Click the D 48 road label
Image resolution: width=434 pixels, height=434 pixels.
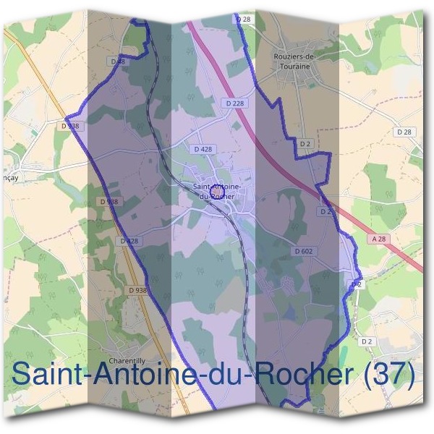(x=118, y=61)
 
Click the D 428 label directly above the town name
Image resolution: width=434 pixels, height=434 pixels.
(x=203, y=149)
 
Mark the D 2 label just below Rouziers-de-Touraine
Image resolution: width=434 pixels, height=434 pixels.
(x=305, y=145)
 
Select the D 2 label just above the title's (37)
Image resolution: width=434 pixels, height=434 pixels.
(x=366, y=341)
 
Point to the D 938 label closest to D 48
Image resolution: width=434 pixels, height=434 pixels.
(x=70, y=125)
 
